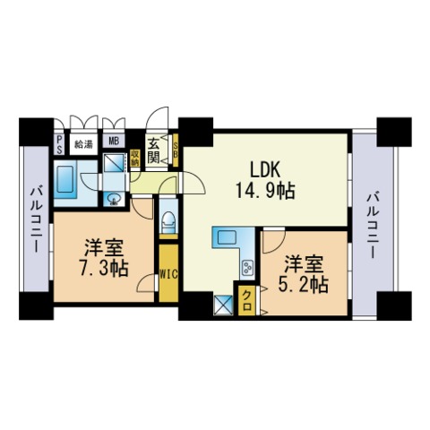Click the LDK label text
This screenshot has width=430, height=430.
[265, 170]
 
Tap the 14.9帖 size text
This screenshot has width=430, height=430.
[265, 191]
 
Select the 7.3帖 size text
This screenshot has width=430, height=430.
[103, 269]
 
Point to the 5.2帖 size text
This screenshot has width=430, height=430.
[304, 285]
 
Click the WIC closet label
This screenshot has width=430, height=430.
[168, 274]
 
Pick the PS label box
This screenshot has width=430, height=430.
[59, 144]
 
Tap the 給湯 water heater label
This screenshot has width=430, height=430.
[83, 144]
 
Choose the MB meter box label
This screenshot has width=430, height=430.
[114, 141]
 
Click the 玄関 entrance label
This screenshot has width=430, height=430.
[153, 151]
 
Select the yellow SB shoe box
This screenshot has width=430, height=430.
[176, 150]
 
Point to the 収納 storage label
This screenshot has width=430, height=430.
[134, 159]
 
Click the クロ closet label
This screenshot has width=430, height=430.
[247, 301]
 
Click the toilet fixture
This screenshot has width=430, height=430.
[168, 221]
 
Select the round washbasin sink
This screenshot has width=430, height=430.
[114, 199]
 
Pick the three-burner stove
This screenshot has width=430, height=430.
[248, 267]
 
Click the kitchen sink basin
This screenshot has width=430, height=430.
[227, 237]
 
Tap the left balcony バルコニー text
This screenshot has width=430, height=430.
[36, 219]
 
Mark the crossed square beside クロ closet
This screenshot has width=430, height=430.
[224, 305]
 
